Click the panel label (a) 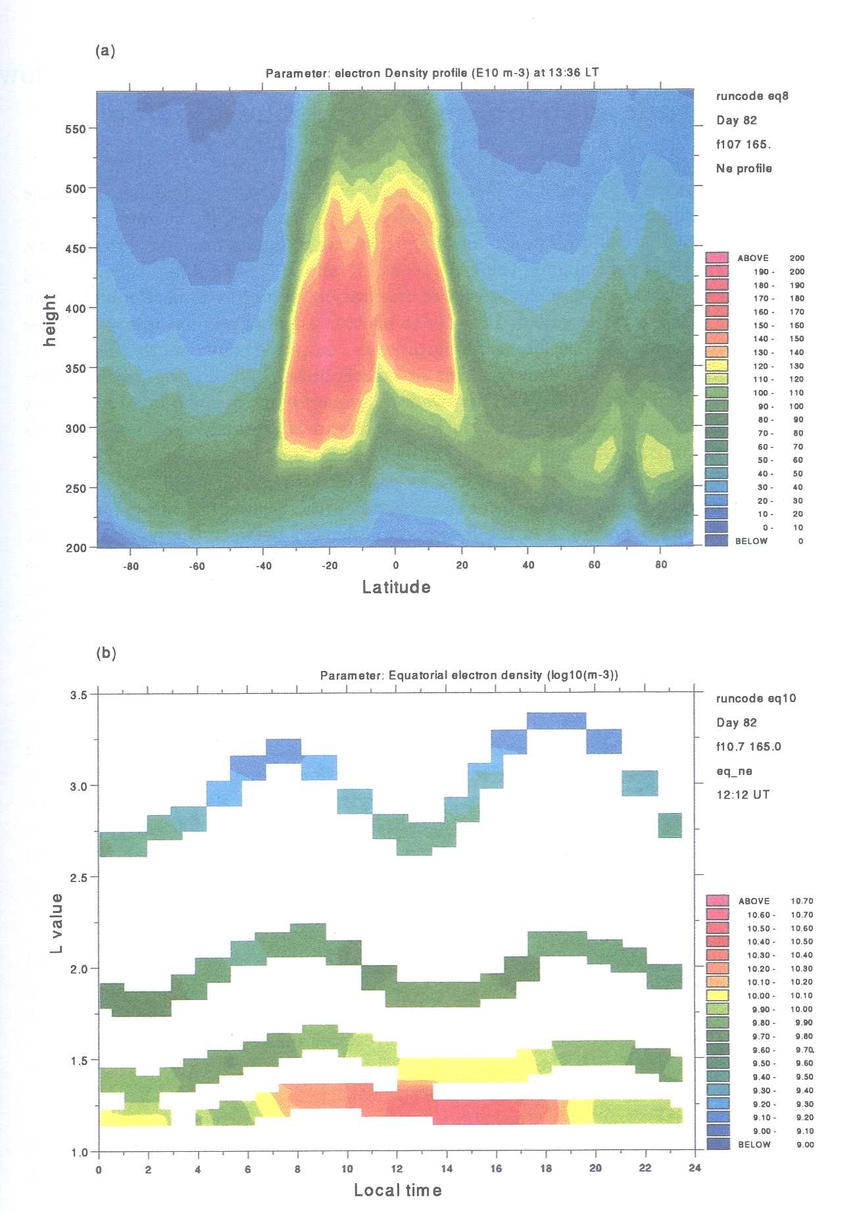click(105, 51)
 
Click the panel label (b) click(106, 653)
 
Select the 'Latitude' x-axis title click(396, 587)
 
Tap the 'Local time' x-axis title click(397, 1190)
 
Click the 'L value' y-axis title click(57, 923)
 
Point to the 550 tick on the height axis click(75, 129)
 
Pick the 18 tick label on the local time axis click(546, 1168)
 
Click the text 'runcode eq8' click(752, 96)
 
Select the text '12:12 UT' click(743, 795)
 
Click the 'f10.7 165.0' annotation click(748, 747)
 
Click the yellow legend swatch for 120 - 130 click(716, 366)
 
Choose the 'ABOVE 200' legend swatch click(716, 258)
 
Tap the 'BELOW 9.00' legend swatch click(717, 1145)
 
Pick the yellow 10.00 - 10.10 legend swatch click(717, 996)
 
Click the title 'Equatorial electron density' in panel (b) click(468, 676)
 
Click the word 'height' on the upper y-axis click(50, 320)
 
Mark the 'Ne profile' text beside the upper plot click(743, 168)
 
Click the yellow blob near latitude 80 click(658, 455)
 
